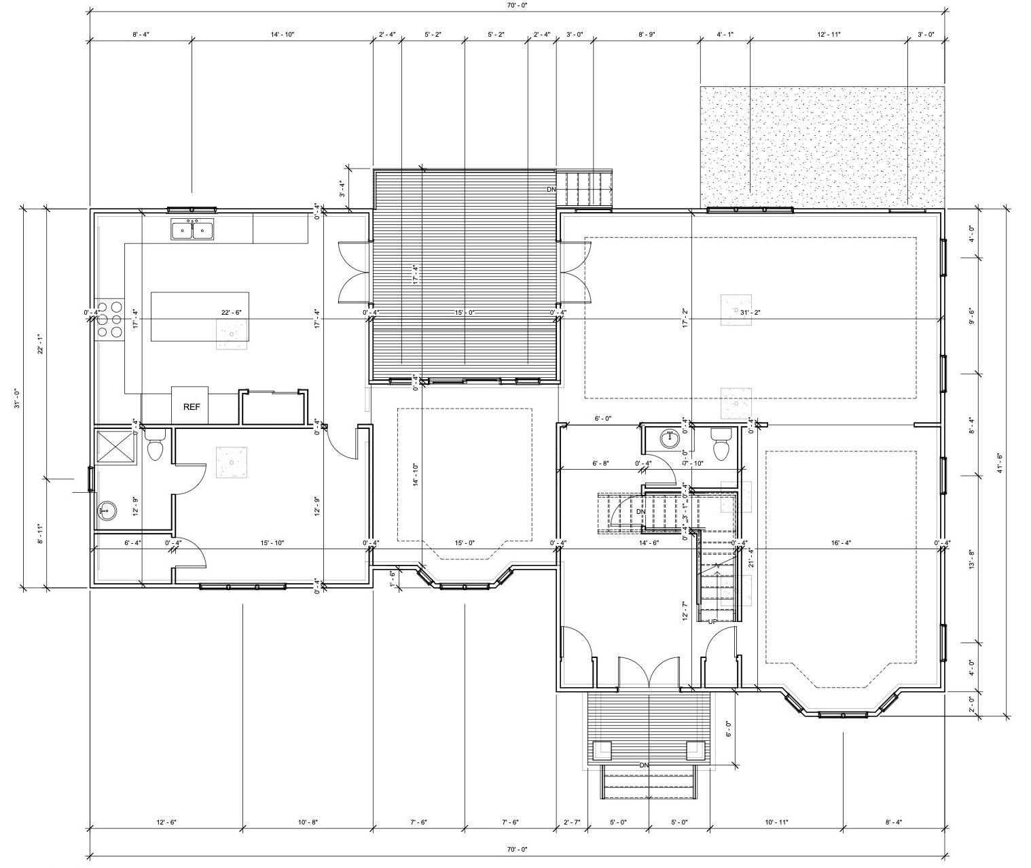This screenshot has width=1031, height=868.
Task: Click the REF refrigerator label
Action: (192, 407)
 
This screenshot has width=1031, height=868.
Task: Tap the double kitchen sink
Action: (192, 231)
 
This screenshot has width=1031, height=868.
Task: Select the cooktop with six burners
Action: (109, 319)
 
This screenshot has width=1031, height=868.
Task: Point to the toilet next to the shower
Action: (156, 447)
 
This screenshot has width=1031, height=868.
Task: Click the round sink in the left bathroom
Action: (105, 510)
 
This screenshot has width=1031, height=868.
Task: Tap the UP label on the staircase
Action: (713, 621)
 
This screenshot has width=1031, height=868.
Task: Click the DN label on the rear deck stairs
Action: (551, 190)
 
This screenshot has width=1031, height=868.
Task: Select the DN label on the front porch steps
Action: (644, 765)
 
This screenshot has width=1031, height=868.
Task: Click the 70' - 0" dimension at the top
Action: (516, 5)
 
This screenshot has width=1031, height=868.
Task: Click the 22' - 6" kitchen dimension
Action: (232, 313)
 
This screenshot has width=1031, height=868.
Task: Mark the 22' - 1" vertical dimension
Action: (42, 347)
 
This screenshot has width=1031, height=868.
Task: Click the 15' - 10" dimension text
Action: (272, 542)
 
